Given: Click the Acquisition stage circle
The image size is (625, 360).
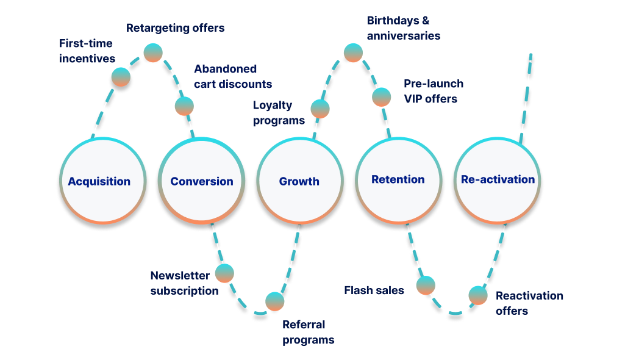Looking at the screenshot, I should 99,181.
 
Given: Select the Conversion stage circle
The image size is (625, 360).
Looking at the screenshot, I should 202,181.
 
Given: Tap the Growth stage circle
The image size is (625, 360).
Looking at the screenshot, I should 299,181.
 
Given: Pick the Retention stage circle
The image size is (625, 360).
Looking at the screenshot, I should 398,180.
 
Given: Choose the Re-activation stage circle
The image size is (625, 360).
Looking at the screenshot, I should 498,180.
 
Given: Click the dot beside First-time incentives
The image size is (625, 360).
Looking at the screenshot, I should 121,77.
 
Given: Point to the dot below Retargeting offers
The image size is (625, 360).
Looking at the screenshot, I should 152,52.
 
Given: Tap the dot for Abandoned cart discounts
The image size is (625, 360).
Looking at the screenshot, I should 184,106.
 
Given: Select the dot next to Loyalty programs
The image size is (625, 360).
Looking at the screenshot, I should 320,109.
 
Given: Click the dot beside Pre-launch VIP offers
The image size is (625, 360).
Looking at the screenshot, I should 382,96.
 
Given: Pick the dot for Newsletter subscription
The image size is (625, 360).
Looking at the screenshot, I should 224,273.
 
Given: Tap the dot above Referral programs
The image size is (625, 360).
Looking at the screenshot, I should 274,301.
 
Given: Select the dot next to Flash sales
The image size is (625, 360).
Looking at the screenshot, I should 426,284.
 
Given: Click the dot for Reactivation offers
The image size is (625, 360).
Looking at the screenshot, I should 478,295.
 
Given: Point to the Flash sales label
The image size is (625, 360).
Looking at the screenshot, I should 374,290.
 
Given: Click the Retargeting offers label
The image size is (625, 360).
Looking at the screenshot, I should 175,28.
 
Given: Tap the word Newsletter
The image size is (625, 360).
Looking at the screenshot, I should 180,276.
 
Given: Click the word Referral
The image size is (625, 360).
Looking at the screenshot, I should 304,325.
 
